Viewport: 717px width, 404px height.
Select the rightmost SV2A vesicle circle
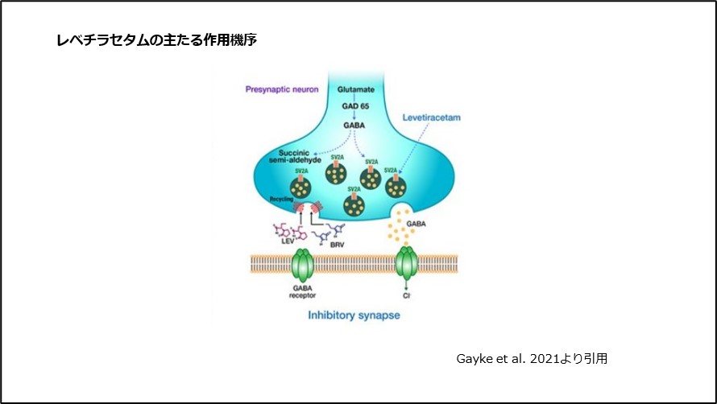[x=396, y=187]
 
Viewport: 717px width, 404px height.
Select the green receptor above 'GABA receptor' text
[x=301, y=264]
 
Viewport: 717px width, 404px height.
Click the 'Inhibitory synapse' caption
[x=354, y=315]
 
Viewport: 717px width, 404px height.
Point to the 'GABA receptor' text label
[x=301, y=292]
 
